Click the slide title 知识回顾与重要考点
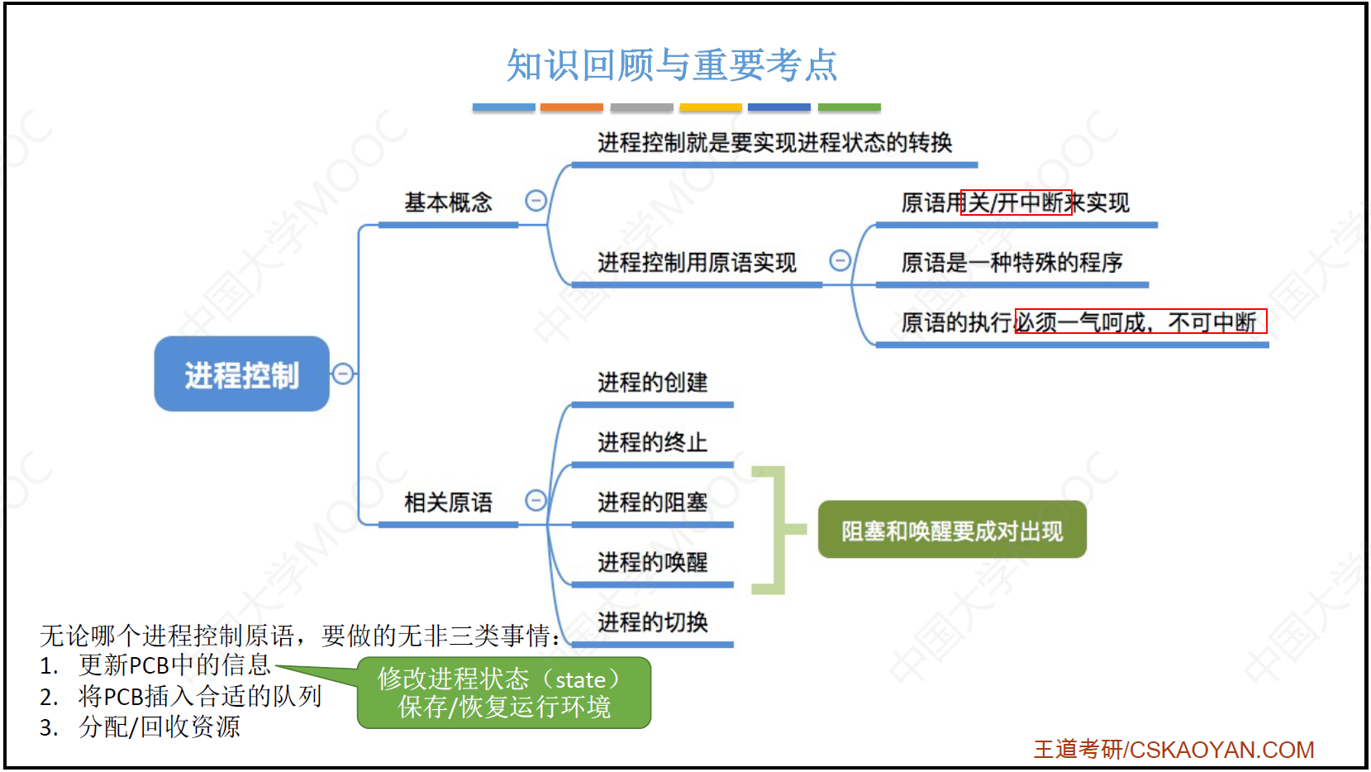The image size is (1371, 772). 671,64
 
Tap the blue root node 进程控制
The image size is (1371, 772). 242,374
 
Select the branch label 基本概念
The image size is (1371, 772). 448,202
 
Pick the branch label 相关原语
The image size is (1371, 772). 448,503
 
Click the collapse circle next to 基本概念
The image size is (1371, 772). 536,200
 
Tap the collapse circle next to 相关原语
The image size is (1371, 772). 536,500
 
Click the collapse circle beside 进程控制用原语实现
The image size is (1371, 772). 840,260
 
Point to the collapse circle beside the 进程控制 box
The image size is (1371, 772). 343,374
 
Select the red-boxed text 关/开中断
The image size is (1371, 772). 1016,203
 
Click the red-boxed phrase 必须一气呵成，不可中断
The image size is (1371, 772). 1141,322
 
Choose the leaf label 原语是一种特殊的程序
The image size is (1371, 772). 1012,263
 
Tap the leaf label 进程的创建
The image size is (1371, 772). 653,383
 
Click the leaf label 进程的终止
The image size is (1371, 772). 653,442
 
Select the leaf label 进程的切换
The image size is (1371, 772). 653,622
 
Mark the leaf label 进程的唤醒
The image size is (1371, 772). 653,562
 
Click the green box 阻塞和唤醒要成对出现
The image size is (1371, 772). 952,530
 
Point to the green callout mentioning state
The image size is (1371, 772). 504,693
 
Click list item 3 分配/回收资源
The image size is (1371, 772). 140,727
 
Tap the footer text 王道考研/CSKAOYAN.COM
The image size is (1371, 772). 1174,750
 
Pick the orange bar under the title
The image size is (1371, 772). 572,107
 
